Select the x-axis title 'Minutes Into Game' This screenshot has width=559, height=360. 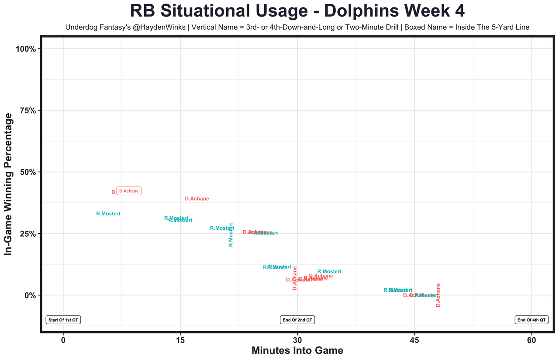point(297,350)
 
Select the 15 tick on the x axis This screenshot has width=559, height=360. point(180,340)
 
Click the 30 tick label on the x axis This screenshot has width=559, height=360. point(297,340)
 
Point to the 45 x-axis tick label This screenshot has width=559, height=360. point(414,340)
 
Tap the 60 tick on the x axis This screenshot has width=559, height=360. point(531,340)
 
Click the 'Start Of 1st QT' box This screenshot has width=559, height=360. point(63,320)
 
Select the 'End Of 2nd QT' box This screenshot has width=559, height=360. point(297,320)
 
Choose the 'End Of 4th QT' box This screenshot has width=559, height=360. point(531,320)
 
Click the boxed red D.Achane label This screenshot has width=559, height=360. point(129,191)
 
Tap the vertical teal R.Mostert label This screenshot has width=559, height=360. point(231,235)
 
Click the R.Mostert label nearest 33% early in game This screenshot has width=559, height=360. point(108,214)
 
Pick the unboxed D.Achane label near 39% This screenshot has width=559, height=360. point(197,199)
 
